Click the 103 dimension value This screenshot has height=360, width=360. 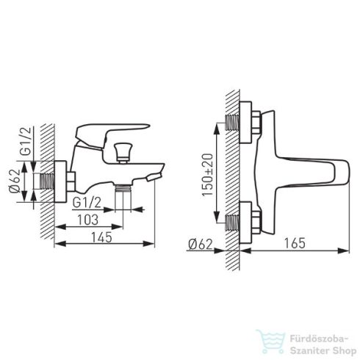pos(88,220)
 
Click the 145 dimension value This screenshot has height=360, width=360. pos(101,237)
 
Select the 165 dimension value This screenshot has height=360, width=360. pos(295,243)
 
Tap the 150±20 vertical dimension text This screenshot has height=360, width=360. pos(208,175)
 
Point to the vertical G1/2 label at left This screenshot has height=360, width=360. pos(26,141)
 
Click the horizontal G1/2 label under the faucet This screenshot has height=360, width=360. pos(87,203)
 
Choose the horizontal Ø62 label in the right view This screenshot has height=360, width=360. pos(201,244)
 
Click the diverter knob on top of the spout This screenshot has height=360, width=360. pos(123,153)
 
